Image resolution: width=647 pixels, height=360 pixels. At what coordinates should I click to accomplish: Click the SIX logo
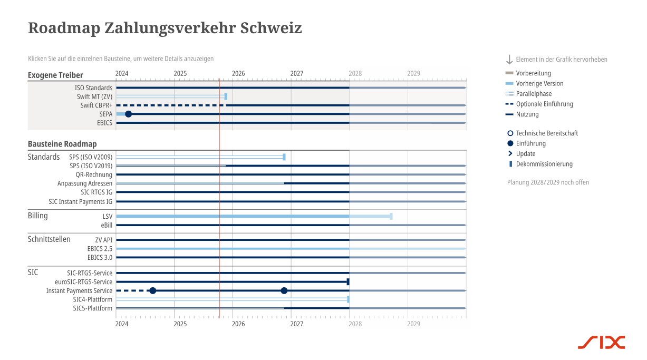(x=601, y=342)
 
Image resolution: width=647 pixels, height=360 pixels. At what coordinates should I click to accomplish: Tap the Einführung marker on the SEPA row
(x=128, y=114)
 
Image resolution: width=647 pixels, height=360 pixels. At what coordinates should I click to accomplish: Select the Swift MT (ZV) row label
(x=94, y=96)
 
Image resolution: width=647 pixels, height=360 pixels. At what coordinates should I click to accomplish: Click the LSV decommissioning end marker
(x=391, y=216)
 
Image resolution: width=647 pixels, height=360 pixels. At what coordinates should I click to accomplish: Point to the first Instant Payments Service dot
(x=153, y=290)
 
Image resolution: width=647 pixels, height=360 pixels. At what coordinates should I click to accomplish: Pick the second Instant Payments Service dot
(x=284, y=290)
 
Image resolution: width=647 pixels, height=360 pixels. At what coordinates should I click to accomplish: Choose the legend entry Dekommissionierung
(x=544, y=164)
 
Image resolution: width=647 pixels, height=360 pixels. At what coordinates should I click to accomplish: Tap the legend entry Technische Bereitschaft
(x=546, y=133)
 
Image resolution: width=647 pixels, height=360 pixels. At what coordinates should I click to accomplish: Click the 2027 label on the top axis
(x=297, y=74)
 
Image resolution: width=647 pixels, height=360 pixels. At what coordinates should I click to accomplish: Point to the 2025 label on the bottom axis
(x=180, y=324)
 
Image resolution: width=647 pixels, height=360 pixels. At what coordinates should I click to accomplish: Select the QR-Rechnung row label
(x=94, y=174)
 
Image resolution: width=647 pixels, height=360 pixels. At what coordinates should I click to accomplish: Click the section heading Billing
(x=38, y=216)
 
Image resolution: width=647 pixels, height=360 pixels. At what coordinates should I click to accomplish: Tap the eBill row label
(x=107, y=225)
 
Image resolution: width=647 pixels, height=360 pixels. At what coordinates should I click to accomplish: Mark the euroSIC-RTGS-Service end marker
(x=348, y=282)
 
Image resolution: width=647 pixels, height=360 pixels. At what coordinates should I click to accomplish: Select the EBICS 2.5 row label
(x=100, y=248)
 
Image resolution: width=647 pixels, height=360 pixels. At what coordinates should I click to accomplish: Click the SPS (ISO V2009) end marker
(x=284, y=157)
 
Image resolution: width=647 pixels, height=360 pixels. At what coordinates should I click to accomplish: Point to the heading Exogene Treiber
(x=55, y=75)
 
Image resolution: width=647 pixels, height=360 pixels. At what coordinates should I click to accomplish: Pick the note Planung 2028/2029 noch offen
(x=548, y=182)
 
